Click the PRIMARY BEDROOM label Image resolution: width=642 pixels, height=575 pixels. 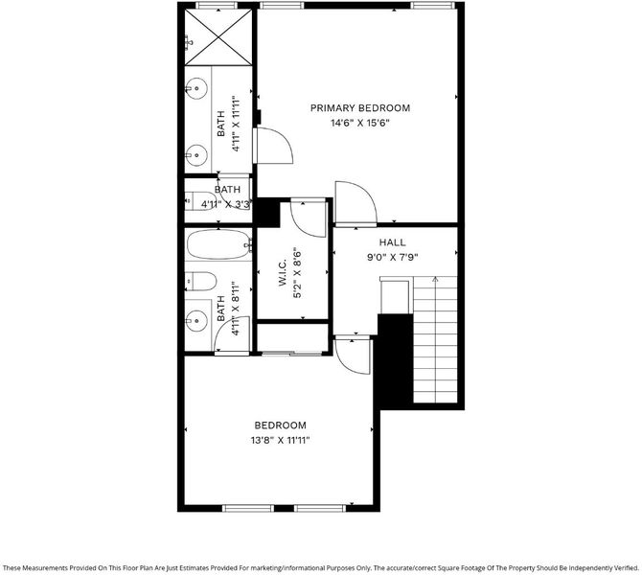click(x=360, y=108)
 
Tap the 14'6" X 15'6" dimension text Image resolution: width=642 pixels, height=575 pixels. click(x=360, y=123)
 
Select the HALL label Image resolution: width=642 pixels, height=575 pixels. click(x=392, y=242)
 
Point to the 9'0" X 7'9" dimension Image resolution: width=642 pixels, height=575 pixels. click(x=392, y=258)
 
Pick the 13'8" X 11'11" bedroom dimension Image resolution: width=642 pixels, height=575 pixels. click(x=280, y=441)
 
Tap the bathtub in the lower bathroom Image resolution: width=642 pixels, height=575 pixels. click(x=219, y=244)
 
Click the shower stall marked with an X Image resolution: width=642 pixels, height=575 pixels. click(x=218, y=37)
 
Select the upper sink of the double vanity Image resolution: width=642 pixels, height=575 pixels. click(x=196, y=88)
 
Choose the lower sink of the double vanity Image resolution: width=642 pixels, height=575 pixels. click(x=196, y=155)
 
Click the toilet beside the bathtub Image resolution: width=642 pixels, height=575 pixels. click(x=200, y=282)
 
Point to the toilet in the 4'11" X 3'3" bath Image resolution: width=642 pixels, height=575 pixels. click(x=200, y=200)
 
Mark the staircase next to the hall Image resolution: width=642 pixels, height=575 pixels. click(x=435, y=339)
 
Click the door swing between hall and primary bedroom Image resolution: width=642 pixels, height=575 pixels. click(x=355, y=203)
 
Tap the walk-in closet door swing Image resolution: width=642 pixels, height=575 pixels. click(x=309, y=218)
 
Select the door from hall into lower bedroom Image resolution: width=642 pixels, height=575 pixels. click(x=353, y=356)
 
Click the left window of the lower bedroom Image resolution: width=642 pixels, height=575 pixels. click(x=248, y=508)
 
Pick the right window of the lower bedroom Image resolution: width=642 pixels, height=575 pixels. click(x=320, y=508)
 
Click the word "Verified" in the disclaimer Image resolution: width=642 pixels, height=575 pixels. click(x=626, y=568)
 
